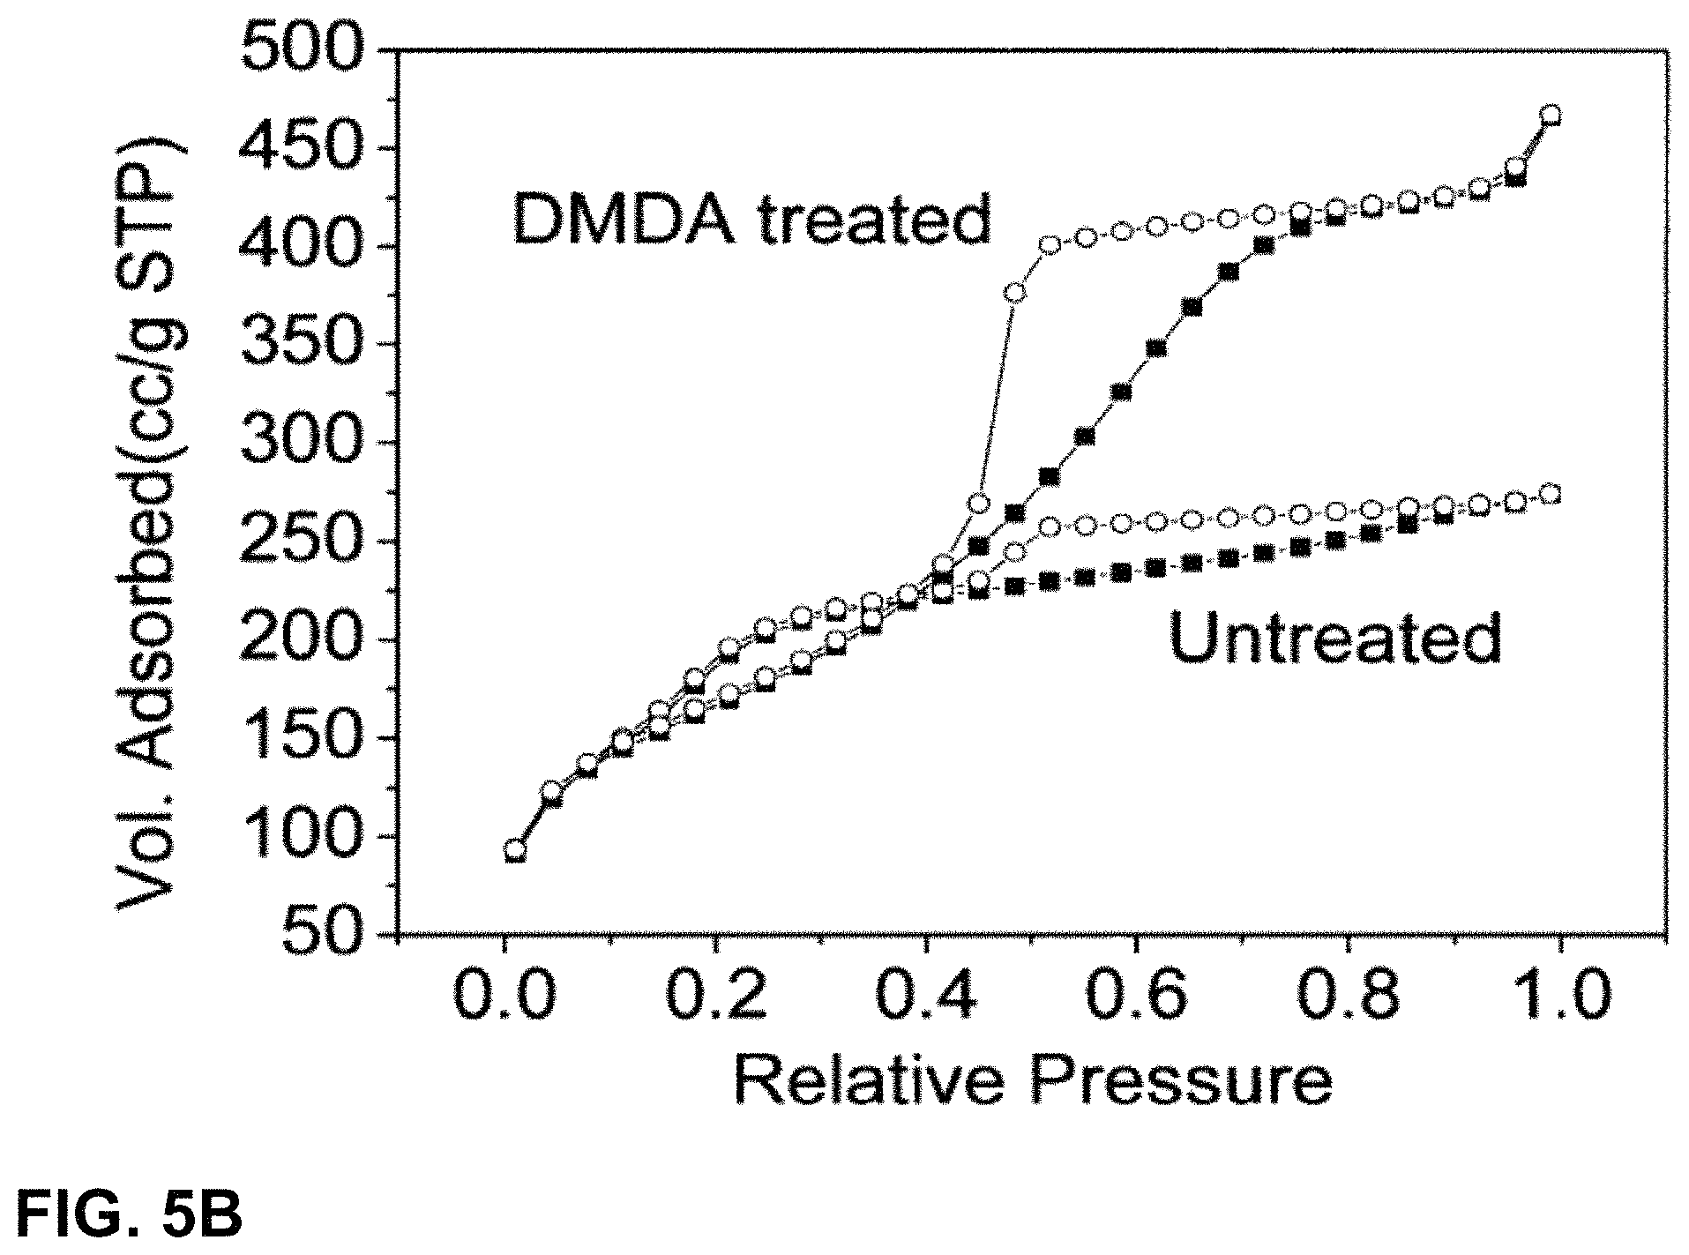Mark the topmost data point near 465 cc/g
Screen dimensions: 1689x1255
click(1551, 116)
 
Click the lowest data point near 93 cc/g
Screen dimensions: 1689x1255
click(515, 851)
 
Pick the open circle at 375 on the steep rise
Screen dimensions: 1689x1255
click(1015, 292)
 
